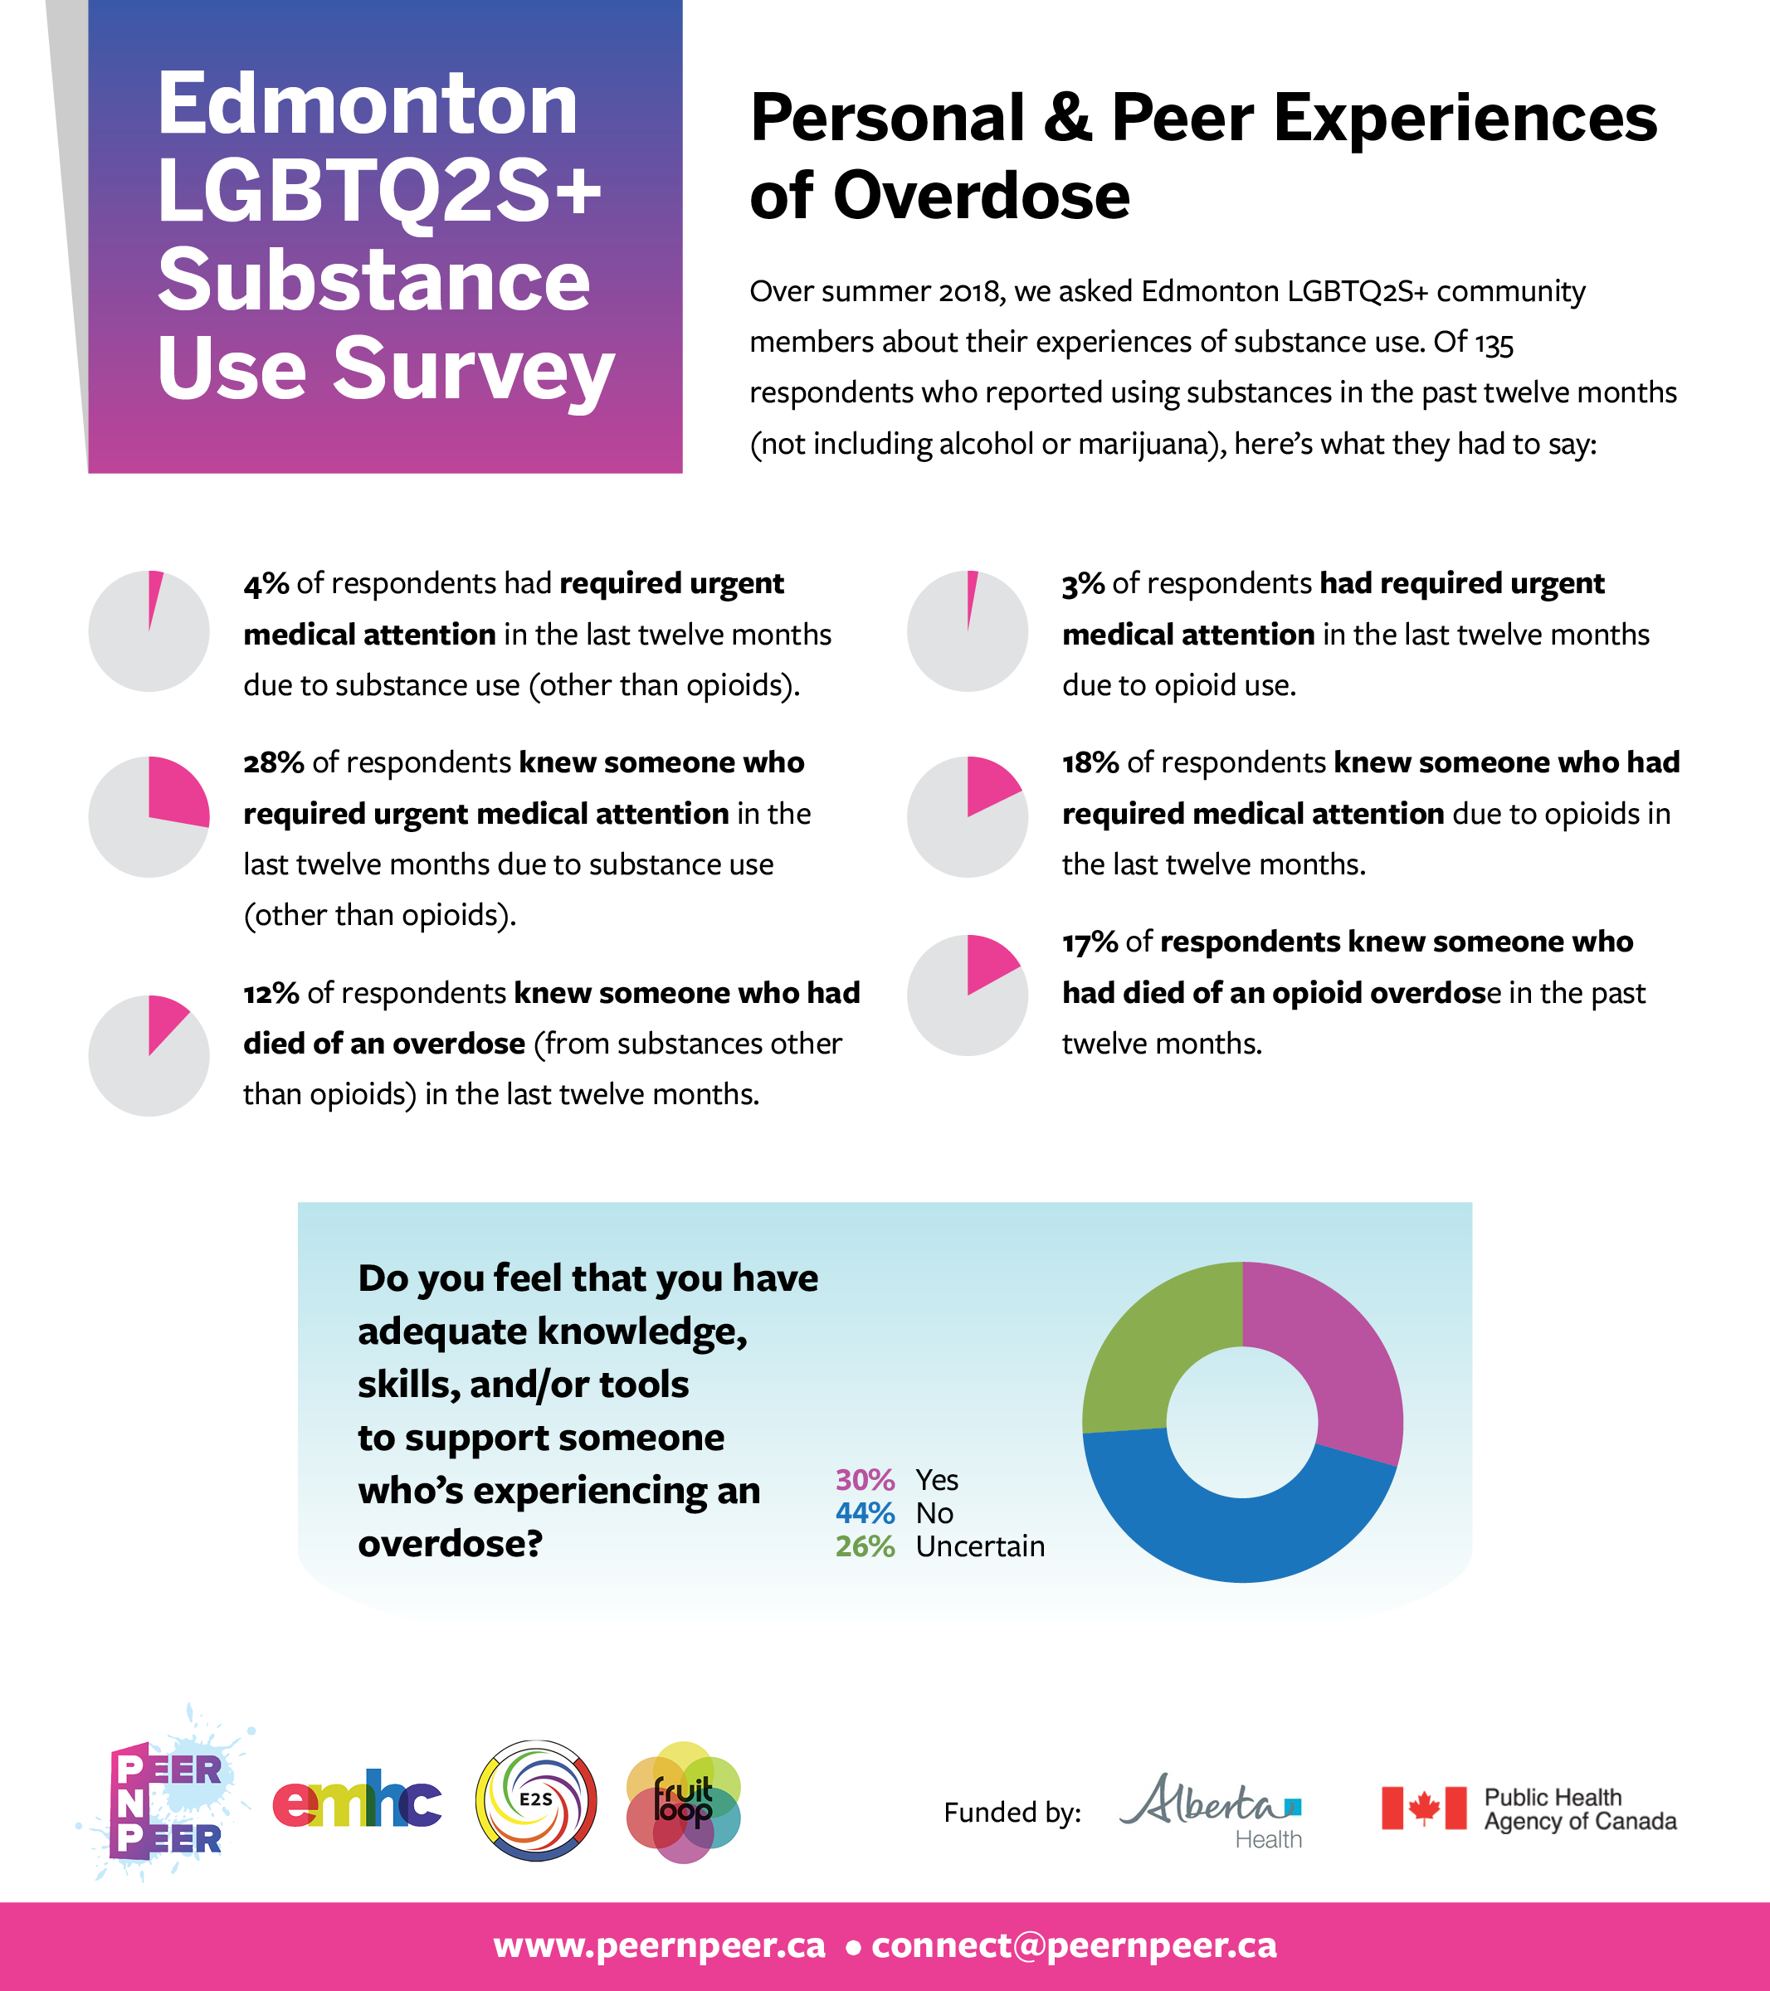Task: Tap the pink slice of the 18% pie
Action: (x=989, y=786)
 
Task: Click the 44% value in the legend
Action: (x=864, y=1512)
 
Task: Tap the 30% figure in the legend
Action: (x=864, y=1480)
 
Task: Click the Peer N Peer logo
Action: (x=167, y=1803)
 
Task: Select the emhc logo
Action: (x=357, y=1804)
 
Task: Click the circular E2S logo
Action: (x=536, y=1800)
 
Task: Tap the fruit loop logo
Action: (x=684, y=1802)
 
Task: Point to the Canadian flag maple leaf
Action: (x=1423, y=1808)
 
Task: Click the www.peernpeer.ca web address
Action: (x=660, y=1945)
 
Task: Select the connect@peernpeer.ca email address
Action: (x=1074, y=1945)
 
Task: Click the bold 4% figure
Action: (x=266, y=583)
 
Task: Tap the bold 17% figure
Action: (x=1089, y=942)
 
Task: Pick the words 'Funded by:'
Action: (x=1012, y=1812)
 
